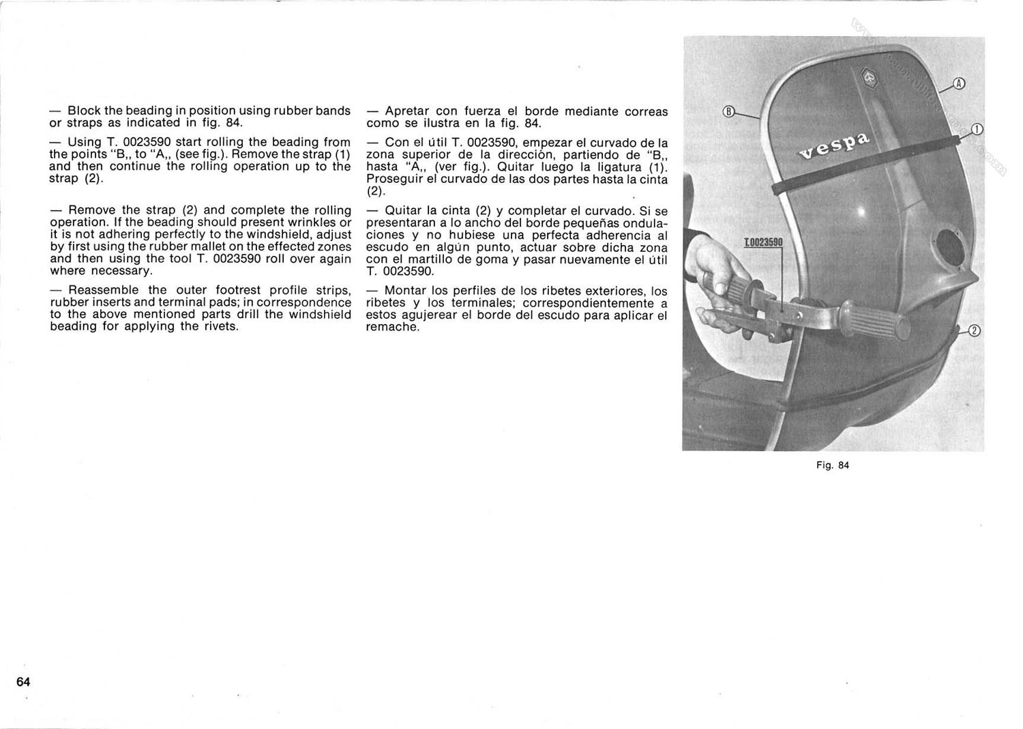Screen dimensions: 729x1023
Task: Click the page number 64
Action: [x=23, y=682]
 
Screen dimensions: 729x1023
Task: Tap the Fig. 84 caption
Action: [x=833, y=466]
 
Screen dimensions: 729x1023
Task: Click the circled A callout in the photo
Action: [x=959, y=84]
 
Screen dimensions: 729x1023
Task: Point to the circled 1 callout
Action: [x=977, y=130]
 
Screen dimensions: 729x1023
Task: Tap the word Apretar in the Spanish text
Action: [x=407, y=111]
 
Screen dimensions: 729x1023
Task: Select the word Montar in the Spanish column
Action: [x=405, y=291]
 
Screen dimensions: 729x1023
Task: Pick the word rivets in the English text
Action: [x=219, y=326]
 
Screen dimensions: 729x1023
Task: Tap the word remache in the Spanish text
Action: [x=391, y=327]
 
